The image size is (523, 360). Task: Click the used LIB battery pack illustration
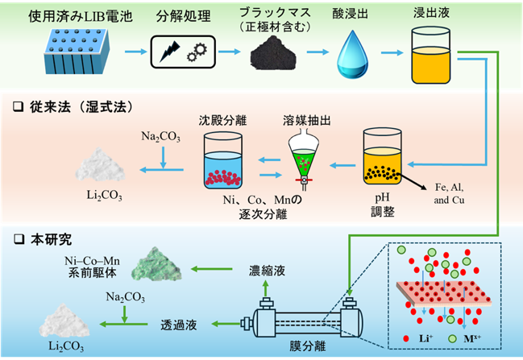coord(77,51)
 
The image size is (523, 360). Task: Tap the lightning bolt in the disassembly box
coord(170,52)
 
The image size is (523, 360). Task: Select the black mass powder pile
coord(273,53)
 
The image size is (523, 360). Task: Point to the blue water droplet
coord(352,54)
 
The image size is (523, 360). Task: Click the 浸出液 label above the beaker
coord(431,13)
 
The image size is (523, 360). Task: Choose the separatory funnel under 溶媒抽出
coord(304,159)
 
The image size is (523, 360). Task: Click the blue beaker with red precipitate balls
coord(222,160)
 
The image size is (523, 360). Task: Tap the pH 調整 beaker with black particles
coord(382,156)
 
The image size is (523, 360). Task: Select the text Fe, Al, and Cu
coord(449,193)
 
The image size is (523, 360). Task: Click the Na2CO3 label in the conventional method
coord(161,136)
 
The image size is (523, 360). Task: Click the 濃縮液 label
coord(267,271)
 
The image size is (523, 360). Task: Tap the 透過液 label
coord(179,325)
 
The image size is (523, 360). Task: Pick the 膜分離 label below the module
coord(307,346)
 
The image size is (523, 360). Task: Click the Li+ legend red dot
coord(406,339)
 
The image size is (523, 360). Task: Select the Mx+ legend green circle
coord(452,339)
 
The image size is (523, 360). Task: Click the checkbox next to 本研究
coord(19,239)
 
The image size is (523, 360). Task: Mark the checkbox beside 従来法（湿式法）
coord(18,106)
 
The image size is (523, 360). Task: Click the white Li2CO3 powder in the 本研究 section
coord(64,320)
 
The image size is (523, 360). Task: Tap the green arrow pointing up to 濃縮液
coord(265,288)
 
